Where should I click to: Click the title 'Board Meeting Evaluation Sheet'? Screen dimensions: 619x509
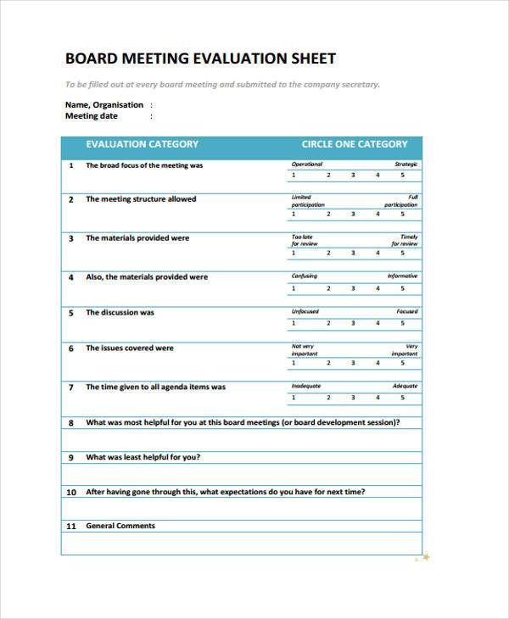200,59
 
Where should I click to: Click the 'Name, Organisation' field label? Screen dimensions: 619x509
104,105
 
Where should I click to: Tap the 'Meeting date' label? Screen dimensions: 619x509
92,116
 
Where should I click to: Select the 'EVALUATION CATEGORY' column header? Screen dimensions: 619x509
142,144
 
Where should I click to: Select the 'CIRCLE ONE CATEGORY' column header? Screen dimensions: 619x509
354,144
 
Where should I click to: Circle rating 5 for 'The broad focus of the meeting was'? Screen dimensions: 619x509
403,176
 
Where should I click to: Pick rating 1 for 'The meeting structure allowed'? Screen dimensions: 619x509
294,215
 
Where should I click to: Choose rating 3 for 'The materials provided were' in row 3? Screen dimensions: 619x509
354,253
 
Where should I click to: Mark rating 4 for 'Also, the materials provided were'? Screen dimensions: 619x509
378,288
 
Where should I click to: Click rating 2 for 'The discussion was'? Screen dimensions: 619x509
328,323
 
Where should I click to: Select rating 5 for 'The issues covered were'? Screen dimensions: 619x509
403,364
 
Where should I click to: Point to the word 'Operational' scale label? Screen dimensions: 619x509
306,165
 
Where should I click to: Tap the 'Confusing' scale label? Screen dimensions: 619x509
304,276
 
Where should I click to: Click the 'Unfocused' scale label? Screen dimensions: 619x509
305,311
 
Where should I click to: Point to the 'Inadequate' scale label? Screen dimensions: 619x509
305,386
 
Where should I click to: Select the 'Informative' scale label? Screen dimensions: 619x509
402,276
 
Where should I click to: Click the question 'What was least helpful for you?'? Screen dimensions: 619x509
143,457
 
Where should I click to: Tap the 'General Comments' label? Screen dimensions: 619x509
120,526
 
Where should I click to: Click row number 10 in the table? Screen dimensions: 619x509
71,492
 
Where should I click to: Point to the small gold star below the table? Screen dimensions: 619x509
426,557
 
